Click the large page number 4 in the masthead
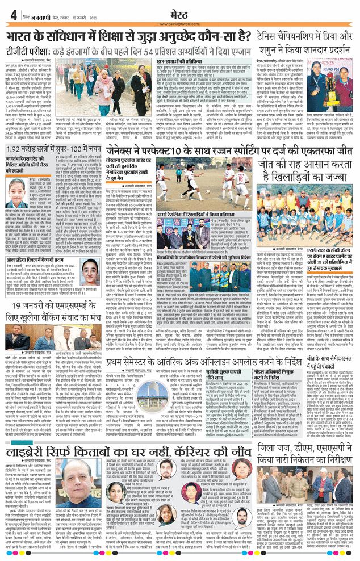pos(12,15)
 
